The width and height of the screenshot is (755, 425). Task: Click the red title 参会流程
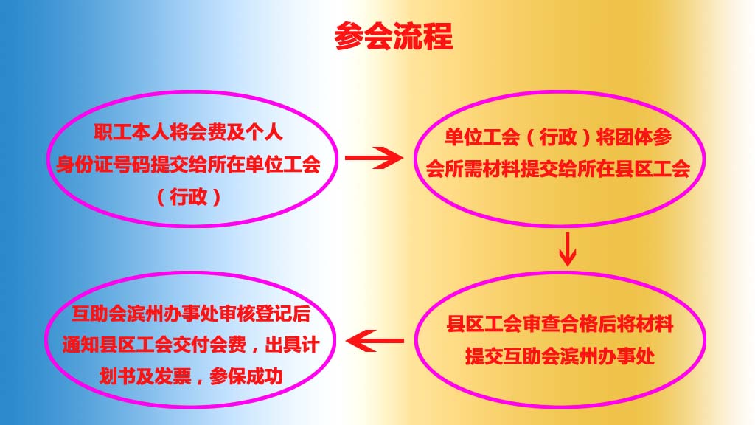click(x=394, y=36)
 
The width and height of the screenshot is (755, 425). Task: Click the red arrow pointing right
click(x=374, y=158)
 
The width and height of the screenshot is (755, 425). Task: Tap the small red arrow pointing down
click(x=568, y=249)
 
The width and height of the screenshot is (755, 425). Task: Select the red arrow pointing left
click(x=375, y=341)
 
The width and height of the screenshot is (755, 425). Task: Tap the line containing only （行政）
click(x=189, y=196)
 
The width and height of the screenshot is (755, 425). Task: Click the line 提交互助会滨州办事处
click(x=560, y=356)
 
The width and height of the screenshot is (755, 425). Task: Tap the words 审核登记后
click(x=265, y=314)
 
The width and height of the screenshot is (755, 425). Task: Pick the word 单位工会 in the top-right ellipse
click(x=482, y=137)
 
